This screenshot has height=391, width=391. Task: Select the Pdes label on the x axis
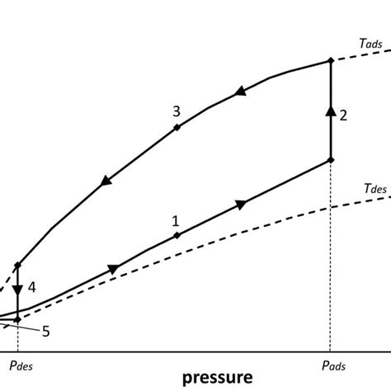tap(17, 364)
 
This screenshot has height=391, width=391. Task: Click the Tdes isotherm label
tap(365, 188)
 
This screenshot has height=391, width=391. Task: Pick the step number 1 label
tap(175, 220)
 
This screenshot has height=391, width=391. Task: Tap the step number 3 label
tap(176, 111)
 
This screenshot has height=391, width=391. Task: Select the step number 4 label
tap(31, 287)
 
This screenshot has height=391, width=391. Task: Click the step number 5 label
tap(45, 332)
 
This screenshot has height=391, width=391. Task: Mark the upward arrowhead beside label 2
tap(330, 111)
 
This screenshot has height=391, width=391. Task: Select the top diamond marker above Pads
tap(330, 59)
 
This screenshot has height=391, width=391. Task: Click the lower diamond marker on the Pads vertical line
tap(330, 160)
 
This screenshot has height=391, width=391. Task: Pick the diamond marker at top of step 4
tap(17, 265)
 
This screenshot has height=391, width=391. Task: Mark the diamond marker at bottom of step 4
tap(17, 318)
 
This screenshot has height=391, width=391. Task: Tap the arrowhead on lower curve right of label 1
tap(242, 203)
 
